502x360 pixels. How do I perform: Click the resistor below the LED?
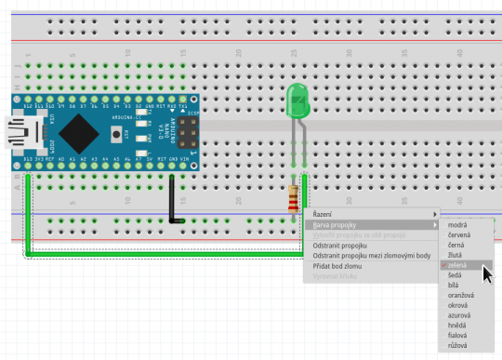(295, 197)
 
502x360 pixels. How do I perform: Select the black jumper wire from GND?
(171, 199)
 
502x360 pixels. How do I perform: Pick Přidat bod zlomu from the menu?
(337, 266)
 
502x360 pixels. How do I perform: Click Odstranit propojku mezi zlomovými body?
(371, 256)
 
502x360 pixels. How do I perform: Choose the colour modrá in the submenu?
(457, 225)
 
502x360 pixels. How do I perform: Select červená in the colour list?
(459, 235)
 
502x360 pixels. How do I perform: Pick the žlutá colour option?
(456, 255)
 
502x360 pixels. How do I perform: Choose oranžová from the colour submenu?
(462, 295)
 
